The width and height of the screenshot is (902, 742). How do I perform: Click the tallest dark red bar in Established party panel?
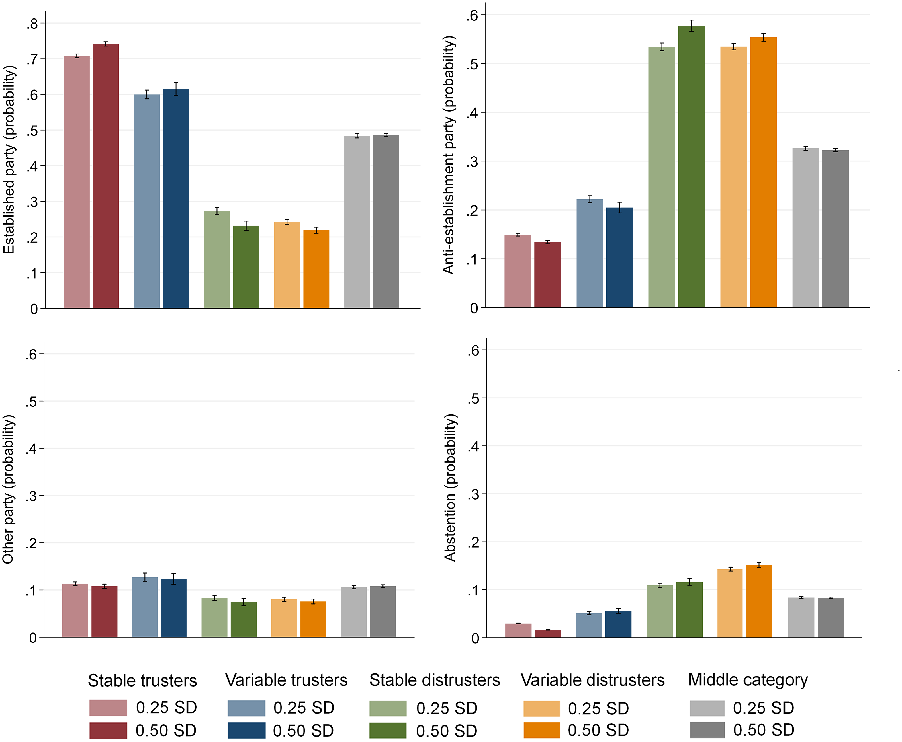point(105,175)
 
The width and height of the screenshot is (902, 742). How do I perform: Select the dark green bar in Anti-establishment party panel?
point(691,167)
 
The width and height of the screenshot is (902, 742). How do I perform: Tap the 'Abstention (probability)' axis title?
point(450,487)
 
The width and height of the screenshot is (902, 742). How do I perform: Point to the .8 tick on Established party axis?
point(32,24)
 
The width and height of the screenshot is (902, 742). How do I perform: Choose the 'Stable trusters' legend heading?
point(142,680)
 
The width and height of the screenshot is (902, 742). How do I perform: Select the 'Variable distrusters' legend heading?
point(592,680)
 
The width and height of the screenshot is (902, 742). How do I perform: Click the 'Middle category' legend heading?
point(748,679)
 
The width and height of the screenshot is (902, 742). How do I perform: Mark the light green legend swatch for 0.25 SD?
point(388,708)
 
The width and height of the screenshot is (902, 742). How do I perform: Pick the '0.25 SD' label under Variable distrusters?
point(598,708)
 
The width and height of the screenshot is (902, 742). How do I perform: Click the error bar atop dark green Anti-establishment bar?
point(691,26)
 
